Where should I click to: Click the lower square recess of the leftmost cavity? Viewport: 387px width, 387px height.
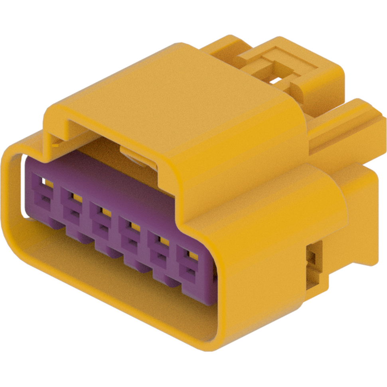41,196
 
